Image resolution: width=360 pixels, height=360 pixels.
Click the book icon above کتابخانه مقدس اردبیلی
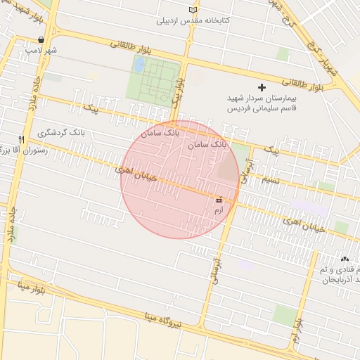194,9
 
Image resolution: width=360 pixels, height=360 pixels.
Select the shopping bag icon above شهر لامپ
42,40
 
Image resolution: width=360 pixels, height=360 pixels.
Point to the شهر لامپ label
41,51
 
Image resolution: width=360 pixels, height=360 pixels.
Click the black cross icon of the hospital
262,87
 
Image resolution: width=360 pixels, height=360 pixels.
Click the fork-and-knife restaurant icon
21,139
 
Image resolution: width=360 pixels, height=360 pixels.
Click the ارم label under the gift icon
218,210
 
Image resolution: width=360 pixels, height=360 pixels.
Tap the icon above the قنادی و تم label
345,259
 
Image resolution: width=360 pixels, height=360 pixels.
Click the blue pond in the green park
139,65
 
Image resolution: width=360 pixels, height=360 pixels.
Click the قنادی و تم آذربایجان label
340,275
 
